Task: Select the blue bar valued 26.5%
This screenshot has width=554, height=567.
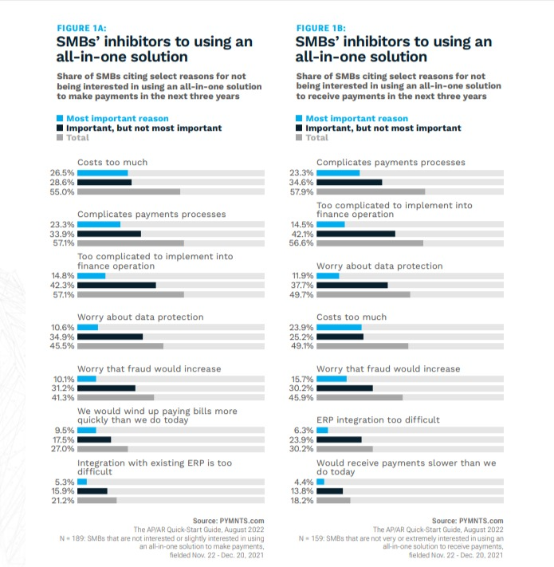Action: pyautogui.click(x=102, y=172)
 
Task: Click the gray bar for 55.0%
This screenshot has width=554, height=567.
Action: pyautogui.click(x=128, y=191)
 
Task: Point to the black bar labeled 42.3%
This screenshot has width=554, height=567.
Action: pyautogui.click(x=116, y=285)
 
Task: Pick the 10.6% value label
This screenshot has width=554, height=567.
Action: pyautogui.click(x=63, y=327)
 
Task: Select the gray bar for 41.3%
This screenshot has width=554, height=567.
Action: pyautogui.click(x=116, y=397)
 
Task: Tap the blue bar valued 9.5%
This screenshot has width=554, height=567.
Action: pyautogui.click(x=86, y=430)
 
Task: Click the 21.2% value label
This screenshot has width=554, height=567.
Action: pyautogui.click(x=63, y=501)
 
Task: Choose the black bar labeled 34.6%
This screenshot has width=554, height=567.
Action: pyautogui.click(x=349, y=182)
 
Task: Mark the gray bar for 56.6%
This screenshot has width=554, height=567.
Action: pyautogui.click(x=370, y=243)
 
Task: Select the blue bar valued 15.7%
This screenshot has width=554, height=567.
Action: pyautogui.click(x=332, y=379)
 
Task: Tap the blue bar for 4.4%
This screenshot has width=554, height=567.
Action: pyautogui.click(x=320, y=482)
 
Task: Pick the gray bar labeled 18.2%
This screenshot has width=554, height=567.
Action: pyautogui.click(x=333, y=501)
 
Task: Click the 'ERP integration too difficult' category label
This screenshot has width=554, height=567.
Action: pyautogui.click(x=378, y=419)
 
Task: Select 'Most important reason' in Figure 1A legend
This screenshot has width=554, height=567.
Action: pyautogui.click(x=117, y=118)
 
